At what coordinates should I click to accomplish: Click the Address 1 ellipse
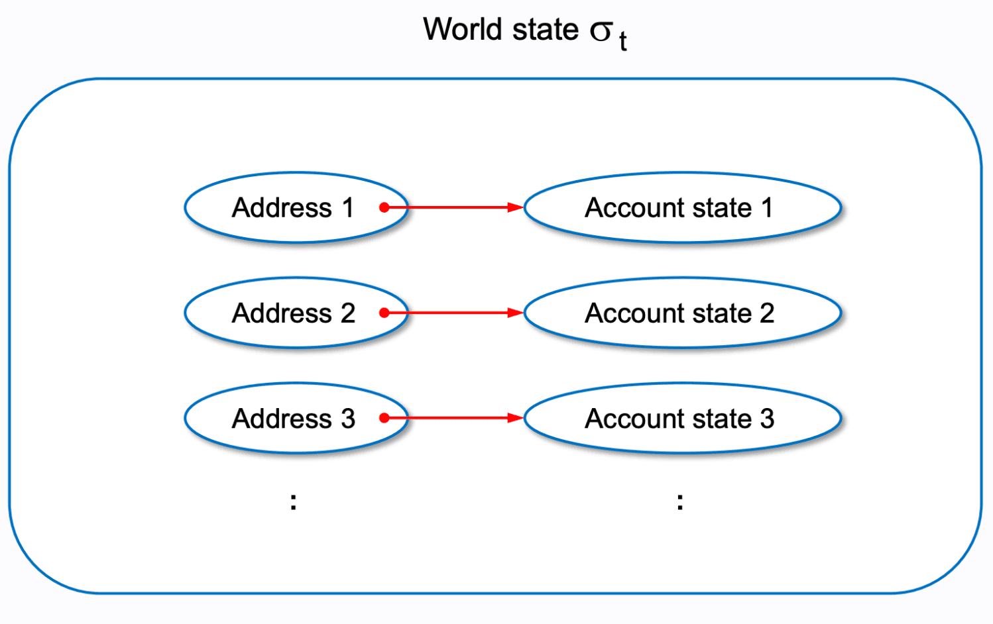click(x=295, y=208)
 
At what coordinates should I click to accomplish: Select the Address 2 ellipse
click(x=295, y=313)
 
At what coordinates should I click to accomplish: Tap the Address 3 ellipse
click(x=295, y=419)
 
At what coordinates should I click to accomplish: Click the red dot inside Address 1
click(x=384, y=208)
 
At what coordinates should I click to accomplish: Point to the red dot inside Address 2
click(x=384, y=313)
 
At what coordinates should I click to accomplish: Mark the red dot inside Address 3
click(x=384, y=418)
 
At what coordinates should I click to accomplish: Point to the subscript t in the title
click(x=622, y=41)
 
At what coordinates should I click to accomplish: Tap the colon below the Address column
click(x=294, y=501)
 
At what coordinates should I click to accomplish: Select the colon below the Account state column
click(x=680, y=501)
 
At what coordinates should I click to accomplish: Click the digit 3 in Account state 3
click(x=767, y=419)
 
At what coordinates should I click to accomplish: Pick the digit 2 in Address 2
click(x=348, y=313)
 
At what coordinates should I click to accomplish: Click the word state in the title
click(x=549, y=30)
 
